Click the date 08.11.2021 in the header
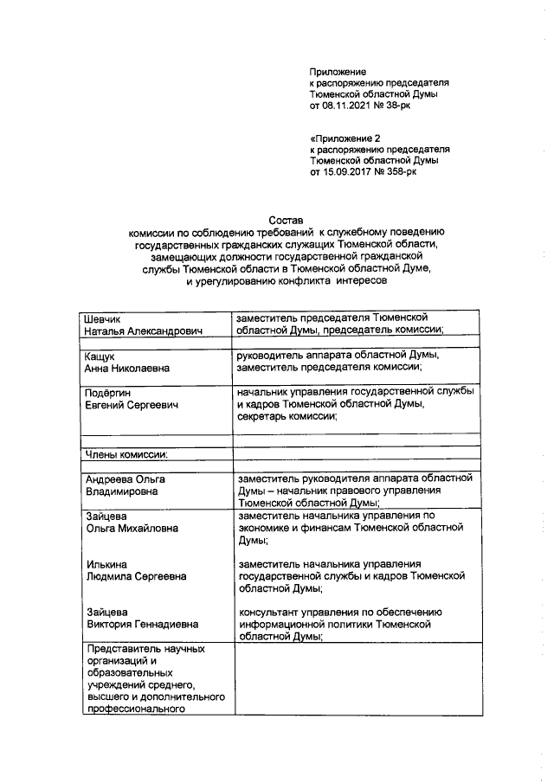click(351, 106)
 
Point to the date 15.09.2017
click(351, 172)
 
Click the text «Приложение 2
click(345, 138)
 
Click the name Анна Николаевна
click(126, 368)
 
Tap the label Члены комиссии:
click(126, 452)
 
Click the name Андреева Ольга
click(125, 478)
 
